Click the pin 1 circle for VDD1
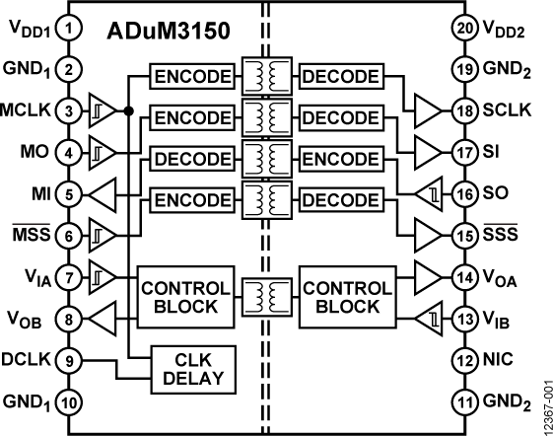tap(68, 31)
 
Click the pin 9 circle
tap(68, 360)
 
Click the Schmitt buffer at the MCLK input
tap(103, 110)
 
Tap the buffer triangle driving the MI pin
tap(103, 193)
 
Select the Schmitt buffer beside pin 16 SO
tap(430, 193)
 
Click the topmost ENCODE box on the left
tap(191, 77)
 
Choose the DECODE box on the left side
tap(191, 160)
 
